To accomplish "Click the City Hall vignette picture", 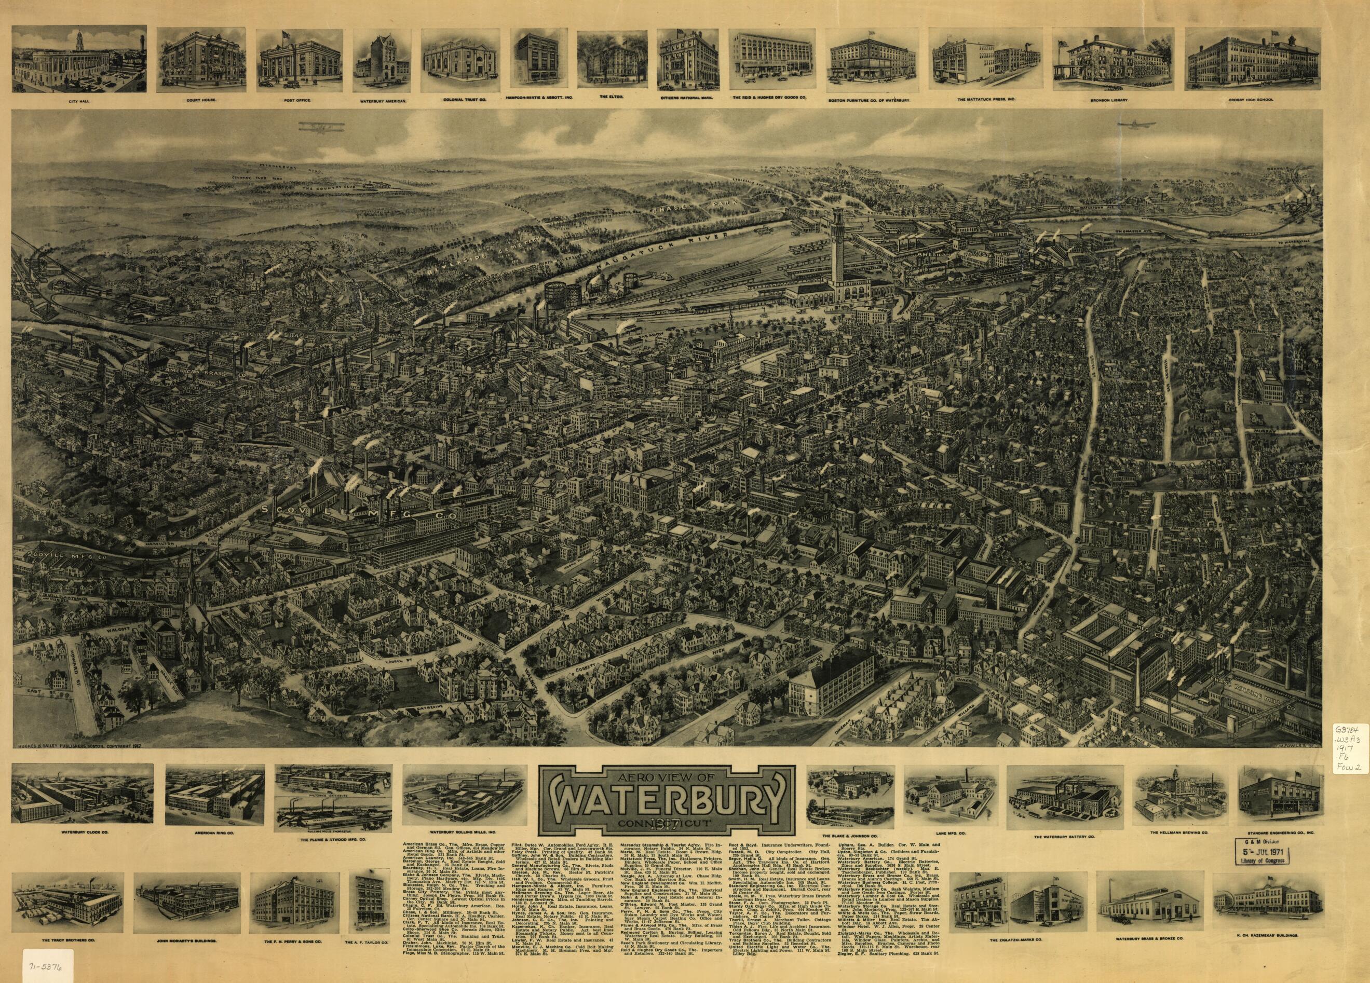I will point(79,60).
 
